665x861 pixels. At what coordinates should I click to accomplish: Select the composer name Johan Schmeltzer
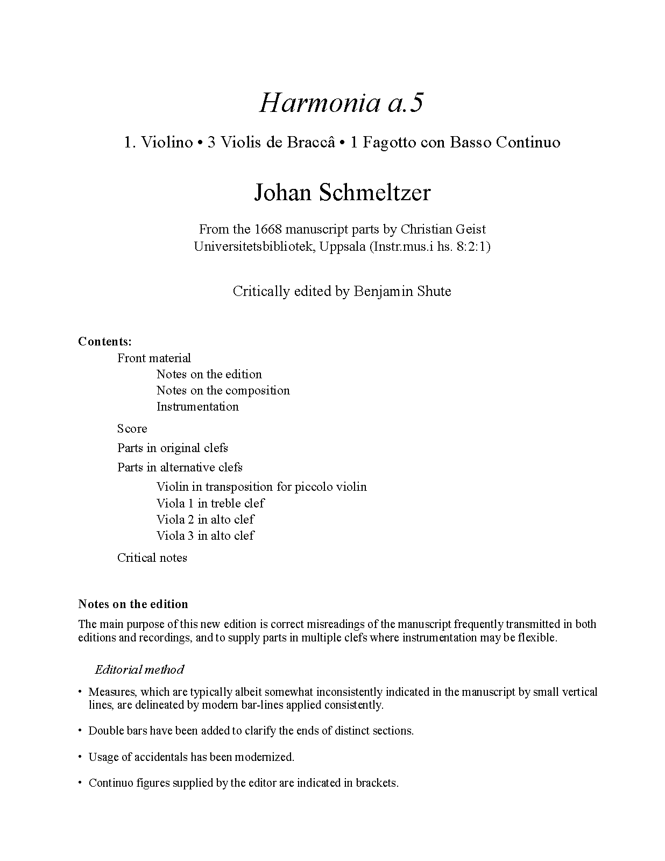coord(342,192)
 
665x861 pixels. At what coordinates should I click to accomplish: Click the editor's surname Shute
coord(434,291)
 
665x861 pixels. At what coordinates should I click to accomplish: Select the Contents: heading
coord(105,341)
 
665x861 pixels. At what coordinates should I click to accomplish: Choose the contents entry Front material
coord(154,358)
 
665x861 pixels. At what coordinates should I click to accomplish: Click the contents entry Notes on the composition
coord(223,390)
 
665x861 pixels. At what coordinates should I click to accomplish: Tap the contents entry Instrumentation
coord(197,406)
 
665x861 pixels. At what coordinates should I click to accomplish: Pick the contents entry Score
coord(132,428)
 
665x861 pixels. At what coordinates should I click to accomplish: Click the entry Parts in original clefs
coord(172,448)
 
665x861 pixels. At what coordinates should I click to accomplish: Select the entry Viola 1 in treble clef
coord(210,503)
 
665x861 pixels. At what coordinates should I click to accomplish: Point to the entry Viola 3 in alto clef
coord(205,535)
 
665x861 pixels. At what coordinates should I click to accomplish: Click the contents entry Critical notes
coord(152,557)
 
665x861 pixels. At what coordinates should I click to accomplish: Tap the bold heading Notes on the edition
coord(133,604)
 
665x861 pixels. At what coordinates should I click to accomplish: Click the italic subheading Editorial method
coord(139,669)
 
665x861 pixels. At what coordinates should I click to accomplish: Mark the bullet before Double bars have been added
coord(80,731)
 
